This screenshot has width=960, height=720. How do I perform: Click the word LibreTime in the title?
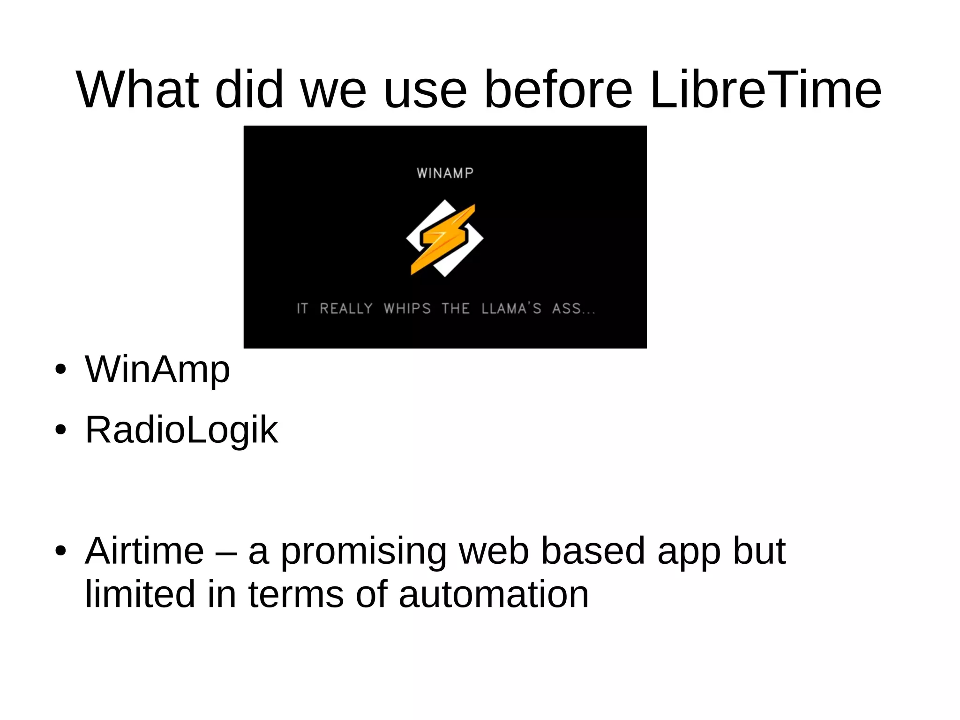point(765,89)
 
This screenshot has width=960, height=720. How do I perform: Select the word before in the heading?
point(558,89)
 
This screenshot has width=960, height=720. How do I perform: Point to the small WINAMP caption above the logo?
point(445,173)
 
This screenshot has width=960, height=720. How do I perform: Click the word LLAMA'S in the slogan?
point(511,308)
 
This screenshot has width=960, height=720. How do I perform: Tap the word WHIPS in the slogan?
point(407,308)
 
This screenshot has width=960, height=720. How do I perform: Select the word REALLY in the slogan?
point(346,308)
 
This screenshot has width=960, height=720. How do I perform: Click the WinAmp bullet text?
point(157,369)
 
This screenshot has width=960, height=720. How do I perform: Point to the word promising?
point(363,552)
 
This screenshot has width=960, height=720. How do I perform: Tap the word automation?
point(493,594)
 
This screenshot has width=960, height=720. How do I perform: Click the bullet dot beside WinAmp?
point(60,369)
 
